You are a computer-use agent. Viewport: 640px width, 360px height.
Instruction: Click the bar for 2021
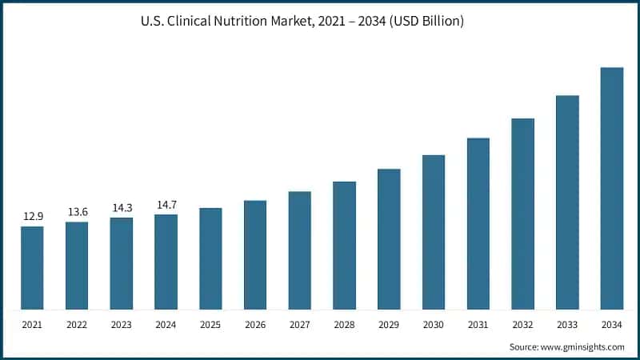click(32, 267)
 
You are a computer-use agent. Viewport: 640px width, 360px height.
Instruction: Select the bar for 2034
click(612, 188)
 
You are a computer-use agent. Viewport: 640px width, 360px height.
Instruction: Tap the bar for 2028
click(344, 245)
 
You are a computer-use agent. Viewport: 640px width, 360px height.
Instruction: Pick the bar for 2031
click(478, 223)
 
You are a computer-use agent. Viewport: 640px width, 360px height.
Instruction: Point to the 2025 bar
click(210, 258)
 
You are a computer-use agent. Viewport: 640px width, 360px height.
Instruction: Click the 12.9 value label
click(32, 217)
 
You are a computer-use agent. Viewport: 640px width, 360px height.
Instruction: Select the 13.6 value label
click(77, 212)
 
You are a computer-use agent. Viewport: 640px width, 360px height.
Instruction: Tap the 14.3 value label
click(122, 208)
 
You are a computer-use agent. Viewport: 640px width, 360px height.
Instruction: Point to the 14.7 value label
click(166, 205)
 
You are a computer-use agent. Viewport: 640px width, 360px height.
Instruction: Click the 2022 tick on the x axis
click(77, 324)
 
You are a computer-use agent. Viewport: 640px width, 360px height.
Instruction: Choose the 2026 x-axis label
click(255, 324)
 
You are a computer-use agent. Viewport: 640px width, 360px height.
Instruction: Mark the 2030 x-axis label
click(434, 324)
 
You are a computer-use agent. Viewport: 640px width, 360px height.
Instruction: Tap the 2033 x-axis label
click(567, 324)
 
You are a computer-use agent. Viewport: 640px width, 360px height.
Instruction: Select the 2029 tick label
click(389, 324)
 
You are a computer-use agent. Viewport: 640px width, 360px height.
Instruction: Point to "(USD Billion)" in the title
click(423, 22)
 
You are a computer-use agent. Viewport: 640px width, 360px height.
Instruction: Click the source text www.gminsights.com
click(584, 346)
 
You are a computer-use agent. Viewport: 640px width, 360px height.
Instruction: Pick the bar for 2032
click(522, 214)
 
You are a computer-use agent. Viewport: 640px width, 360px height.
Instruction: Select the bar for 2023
click(122, 263)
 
